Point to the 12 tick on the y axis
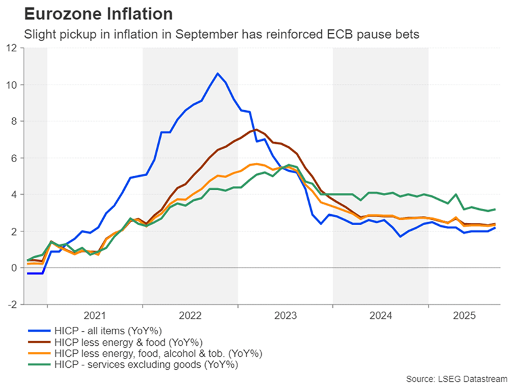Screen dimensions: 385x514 [12, 48]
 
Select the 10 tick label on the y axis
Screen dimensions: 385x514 [12, 84]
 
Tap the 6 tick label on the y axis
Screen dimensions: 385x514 [15, 158]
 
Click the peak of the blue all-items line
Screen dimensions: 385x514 [217, 73]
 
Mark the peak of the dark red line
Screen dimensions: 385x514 [255, 130]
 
